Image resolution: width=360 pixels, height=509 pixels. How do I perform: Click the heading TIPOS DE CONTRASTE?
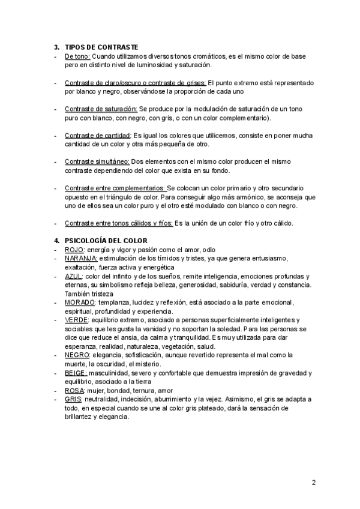coord(101,46)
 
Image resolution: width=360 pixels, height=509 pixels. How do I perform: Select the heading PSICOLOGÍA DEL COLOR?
coord(105,241)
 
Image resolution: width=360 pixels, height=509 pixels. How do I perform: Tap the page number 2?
coord(314,482)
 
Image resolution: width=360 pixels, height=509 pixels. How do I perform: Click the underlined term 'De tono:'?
coord(77,56)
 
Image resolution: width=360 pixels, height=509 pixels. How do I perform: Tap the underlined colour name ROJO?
coord(74,250)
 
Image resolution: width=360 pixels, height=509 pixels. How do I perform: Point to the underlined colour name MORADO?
coord(80,303)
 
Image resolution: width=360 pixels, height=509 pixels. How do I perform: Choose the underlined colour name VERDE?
coord(76,320)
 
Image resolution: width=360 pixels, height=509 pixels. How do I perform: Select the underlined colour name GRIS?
coord(73,399)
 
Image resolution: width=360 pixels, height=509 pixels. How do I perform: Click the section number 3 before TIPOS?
coord(56,46)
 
